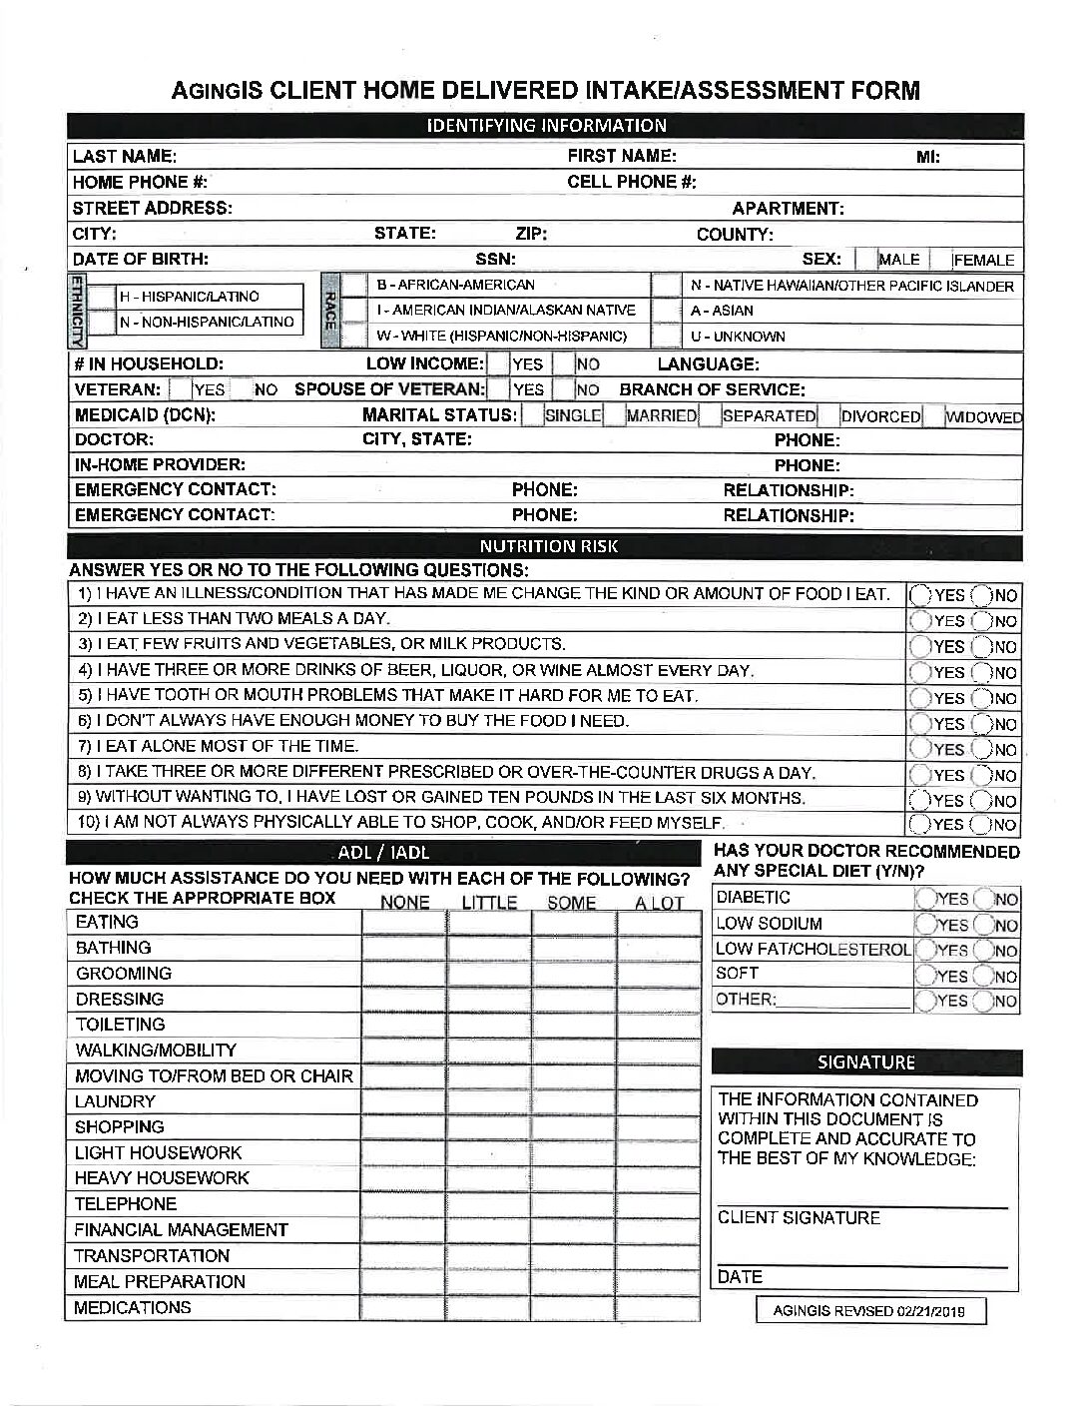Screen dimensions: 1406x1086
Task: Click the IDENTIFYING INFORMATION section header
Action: click(x=546, y=126)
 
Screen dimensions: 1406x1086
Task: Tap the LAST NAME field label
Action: click(x=125, y=156)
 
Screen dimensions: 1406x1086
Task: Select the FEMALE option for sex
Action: click(x=983, y=260)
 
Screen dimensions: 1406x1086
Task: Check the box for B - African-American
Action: click(x=354, y=285)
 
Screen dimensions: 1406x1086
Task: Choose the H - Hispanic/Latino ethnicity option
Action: click(x=100, y=297)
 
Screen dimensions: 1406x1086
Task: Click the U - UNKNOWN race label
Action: click(x=737, y=337)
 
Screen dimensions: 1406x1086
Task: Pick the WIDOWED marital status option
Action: click(x=983, y=416)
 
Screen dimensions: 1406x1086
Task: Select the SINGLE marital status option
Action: click(x=572, y=415)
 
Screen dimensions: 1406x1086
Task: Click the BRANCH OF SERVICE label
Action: click(x=712, y=389)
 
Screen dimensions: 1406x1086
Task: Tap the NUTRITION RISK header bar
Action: click(x=546, y=546)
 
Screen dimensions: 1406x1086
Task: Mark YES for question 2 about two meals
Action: click(x=919, y=621)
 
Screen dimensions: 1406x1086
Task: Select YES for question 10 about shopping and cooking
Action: click(x=919, y=825)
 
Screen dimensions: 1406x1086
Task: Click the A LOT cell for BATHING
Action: click(x=659, y=948)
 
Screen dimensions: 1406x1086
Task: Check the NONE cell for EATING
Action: click(x=403, y=922)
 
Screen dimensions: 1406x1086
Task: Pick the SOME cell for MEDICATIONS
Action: click(x=573, y=1307)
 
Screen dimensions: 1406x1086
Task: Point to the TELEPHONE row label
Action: click(x=126, y=1204)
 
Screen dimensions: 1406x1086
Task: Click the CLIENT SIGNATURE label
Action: click(x=799, y=1218)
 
